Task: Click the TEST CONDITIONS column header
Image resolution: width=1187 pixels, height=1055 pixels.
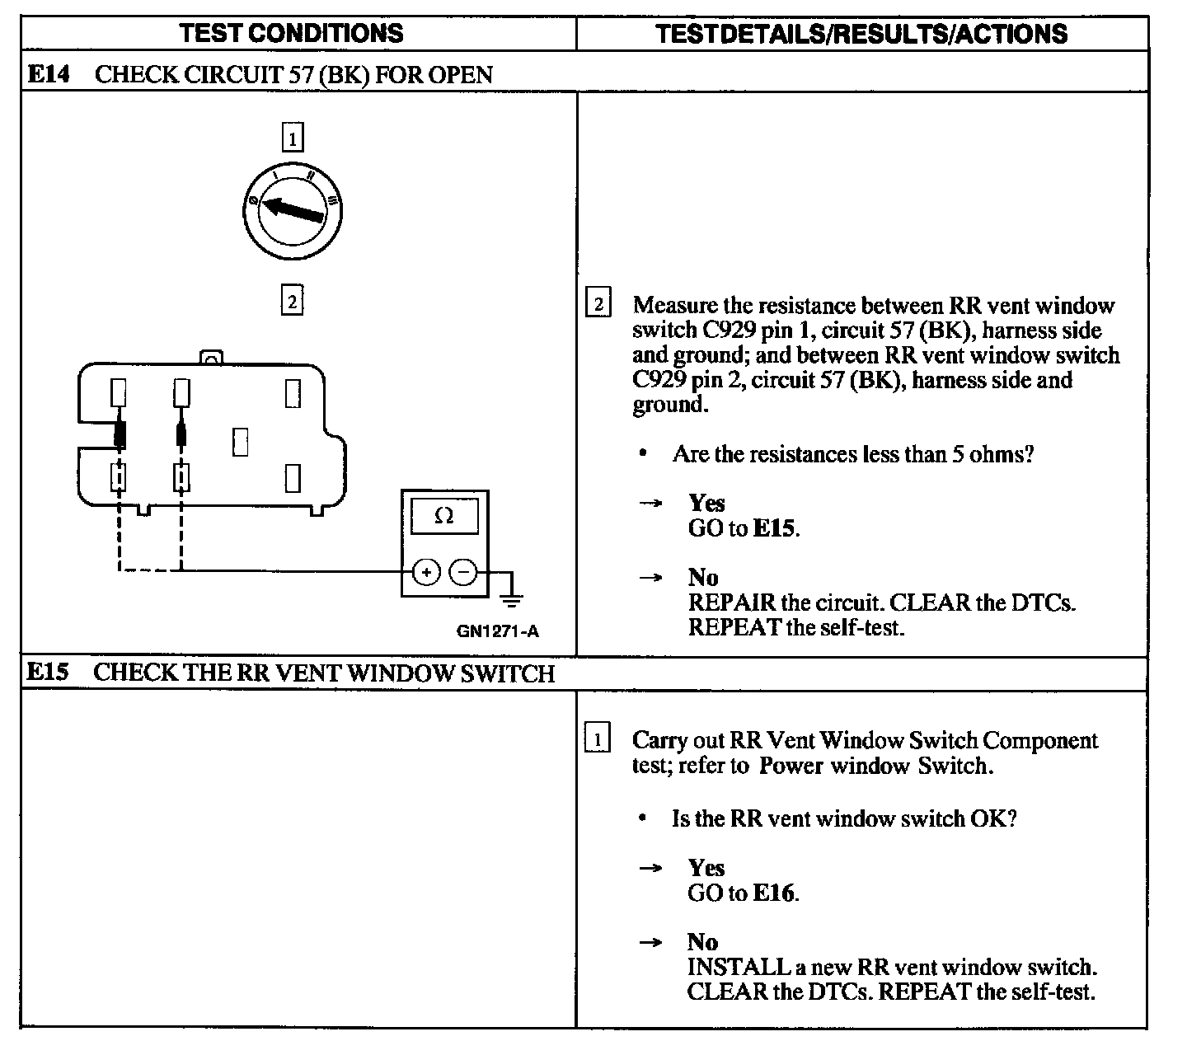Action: point(292,33)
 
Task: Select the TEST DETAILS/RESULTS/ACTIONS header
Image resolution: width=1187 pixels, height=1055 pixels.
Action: point(861,34)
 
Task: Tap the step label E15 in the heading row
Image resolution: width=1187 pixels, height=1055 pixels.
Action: point(47,673)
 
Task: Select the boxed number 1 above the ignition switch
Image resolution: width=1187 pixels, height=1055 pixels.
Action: point(293,137)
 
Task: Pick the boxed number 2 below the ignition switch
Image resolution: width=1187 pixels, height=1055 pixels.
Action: point(292,301)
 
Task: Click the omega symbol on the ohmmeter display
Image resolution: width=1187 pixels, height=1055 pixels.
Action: point(443,516)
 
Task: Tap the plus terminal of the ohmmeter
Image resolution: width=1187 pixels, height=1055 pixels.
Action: point(426,571)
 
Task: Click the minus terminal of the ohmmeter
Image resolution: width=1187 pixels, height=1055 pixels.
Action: point(464,571)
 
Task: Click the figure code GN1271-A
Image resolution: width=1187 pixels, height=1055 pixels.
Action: point(498,632)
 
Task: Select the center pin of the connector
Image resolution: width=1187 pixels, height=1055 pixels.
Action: point(240,442)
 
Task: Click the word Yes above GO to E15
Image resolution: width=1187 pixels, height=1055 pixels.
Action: point(706,503)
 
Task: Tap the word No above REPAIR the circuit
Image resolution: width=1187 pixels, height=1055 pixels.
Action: point(703,577)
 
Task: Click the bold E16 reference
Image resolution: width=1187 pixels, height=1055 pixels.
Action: point(775,893)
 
